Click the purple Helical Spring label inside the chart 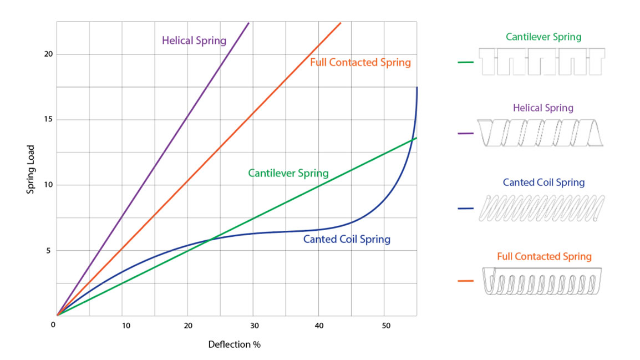(x=194, y=40)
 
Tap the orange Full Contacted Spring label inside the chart (x=360, y=62)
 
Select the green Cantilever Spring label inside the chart (x=288, y=173)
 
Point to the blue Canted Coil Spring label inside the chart (x=347, y=240)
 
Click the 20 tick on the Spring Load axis (x=48, y=54)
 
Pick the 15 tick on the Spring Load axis (x=48, y=119)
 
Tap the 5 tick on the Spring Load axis (x=48, y=250)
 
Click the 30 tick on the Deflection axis (x=253, y=325)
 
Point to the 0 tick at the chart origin (x=53, y=324)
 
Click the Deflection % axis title (x=234, y=344)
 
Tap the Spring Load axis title (x=31, y=169)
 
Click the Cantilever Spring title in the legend (x=544, y=37)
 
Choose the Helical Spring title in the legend (x=544, y=108)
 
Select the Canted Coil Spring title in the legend (x=544, y=182)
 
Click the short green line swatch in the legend (x=466, y=62)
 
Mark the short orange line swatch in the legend (x=466, y=281)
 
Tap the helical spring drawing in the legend (x=540, y=133)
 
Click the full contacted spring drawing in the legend (x=542, y=281)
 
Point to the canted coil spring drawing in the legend (x=541, y=209)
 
